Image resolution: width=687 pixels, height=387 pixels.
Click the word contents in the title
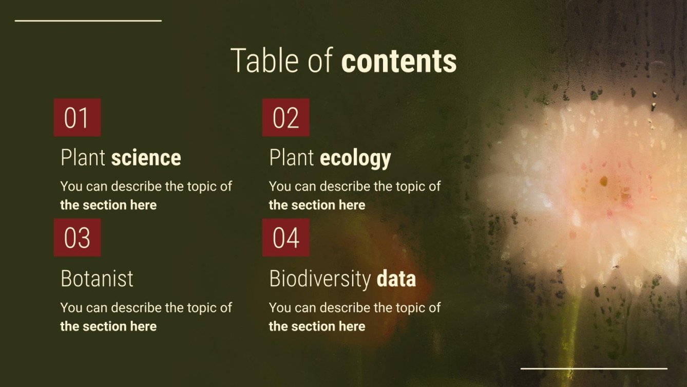pyautogui.click(x=398, y=61)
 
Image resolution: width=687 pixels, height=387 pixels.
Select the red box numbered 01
pyautogui.click(x=77, y=118)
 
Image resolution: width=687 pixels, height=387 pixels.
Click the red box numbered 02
pyautogui.click(x=285, y=118)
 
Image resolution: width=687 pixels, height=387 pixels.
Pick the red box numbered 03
pyautogui.click(x=77, y=237)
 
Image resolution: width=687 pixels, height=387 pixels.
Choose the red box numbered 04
pyautogui.click(x=285, y=237)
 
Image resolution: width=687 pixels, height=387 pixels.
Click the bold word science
pyautogui.click(x=146, y=158)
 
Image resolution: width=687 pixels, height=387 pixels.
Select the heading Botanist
pyautogui.click(x=97, y=279)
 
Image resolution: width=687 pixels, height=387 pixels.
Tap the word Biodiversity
pyautogui.click(x=319, y=279)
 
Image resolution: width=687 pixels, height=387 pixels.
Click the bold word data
pyautogui.click(x=396, y=279)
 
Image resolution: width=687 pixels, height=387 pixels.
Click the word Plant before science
pyautogui.click(x=83, y=158)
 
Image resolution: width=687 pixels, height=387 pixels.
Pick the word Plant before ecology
pyautogui.click(x=292, y=158)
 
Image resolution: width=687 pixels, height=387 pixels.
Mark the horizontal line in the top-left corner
pyautogui.click(x=88, y=21)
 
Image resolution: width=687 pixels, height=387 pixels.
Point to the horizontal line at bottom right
pyautogui.click(x=594, y=368)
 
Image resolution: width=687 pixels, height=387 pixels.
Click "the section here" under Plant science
pyautogui.click(x=108, y=205)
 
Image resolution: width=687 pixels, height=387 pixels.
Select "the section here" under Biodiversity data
pyautogui.click(x=317, y=326)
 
